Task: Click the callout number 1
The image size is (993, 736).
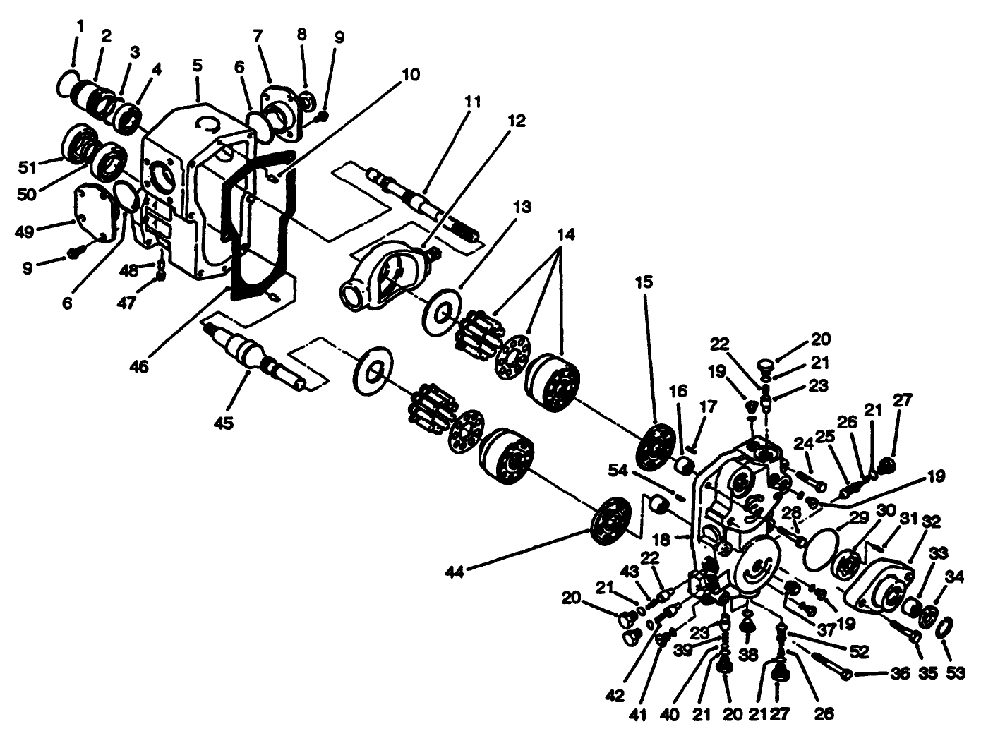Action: pyautogui.click(x=80, y=26)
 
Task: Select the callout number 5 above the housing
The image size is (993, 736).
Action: pyautogui.click(x=197, y=65)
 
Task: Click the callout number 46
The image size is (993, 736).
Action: pyautogui.click(x=139, y=367)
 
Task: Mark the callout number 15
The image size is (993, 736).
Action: pyautogui.click(x=643, y=282)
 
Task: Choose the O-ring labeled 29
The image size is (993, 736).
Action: pyautogui.click(x=820, y=545)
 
